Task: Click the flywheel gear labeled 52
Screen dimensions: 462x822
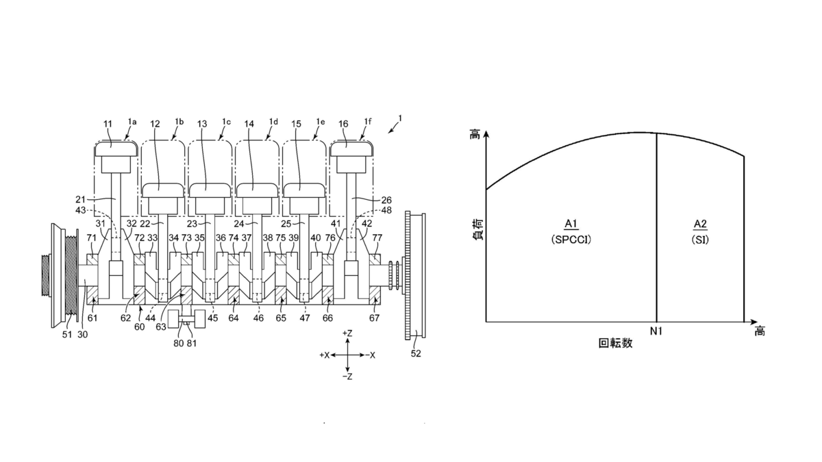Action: [x=414, y=274]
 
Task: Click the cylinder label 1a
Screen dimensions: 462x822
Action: [x=132, y=120]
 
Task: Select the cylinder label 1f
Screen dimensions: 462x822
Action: [x=368, y=120]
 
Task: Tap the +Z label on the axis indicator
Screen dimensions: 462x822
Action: [x=348, y=333]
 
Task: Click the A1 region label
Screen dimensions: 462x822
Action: [x=570, y=223]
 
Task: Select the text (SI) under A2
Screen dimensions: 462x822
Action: [x=700, y=240]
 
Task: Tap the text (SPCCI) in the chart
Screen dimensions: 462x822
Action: [x=570, y=240]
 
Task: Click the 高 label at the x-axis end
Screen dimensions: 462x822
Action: [x=759, y=331]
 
